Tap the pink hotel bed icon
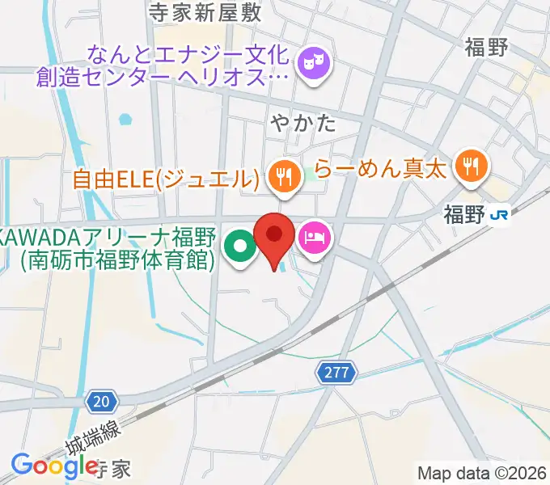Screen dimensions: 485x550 [x=314, y=238]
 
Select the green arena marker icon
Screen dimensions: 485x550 [x=239, y=247]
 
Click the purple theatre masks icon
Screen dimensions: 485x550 [x=312, y=63]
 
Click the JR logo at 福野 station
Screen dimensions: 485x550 [x=501, y=214]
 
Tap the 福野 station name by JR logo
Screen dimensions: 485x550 [x=463, y=214]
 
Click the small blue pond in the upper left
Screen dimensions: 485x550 [x=124, y=120]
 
